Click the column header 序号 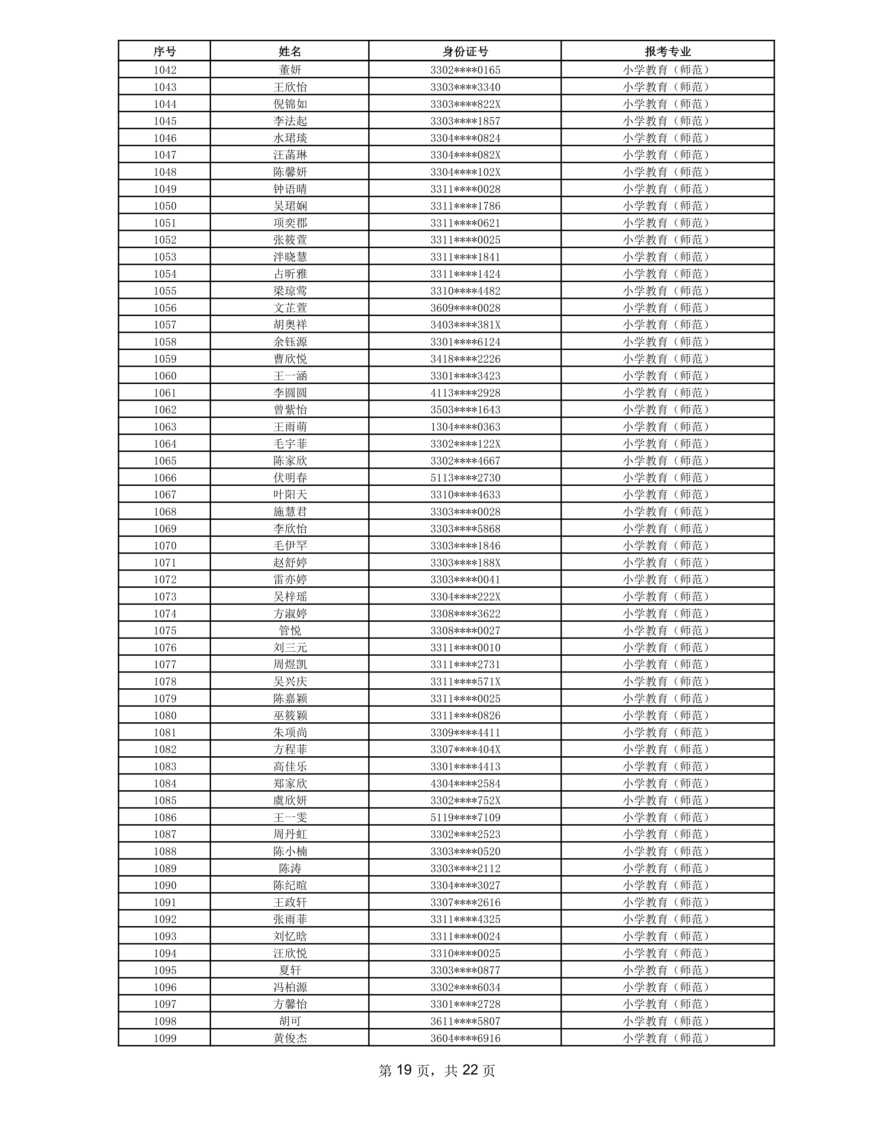click(x=164, y=51)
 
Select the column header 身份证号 click(x=465, y=51)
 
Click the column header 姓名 click(x=290, y=51)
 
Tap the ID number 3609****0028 click(x=465, y=308)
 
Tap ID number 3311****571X click(x=465, y=681)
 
